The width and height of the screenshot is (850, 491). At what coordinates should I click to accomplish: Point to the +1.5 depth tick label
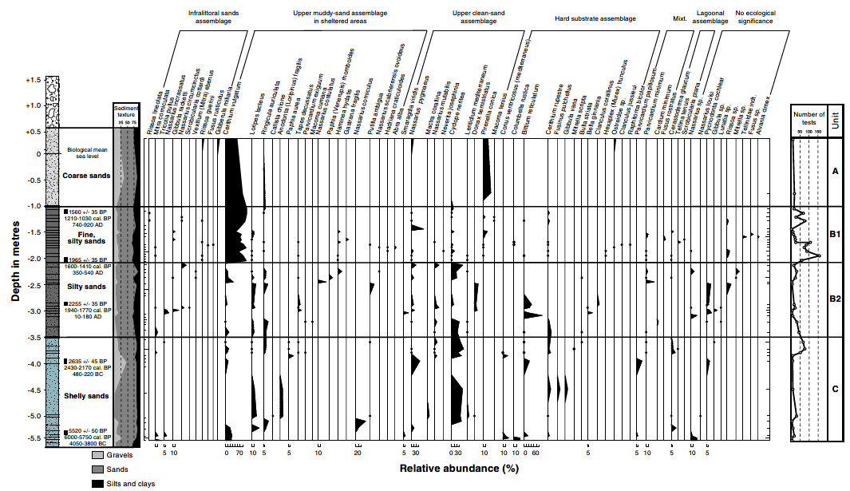(x=32, y=81)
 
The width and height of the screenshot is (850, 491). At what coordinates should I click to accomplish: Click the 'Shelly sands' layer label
(x=86, y=396)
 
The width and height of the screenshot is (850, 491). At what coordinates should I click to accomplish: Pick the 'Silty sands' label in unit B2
(x=86, y=287)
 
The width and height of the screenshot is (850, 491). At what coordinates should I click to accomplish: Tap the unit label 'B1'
(x=835, y=235)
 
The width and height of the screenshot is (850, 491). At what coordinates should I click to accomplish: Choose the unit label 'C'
(x=835, y=390)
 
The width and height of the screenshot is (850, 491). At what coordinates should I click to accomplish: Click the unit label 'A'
(x=835, y=172)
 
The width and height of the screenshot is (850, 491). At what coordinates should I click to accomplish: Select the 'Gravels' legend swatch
(x=98, y=455)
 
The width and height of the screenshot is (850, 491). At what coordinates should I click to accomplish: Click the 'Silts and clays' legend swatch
(x=98, y=483)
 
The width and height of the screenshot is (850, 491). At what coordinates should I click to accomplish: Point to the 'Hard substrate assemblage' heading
(x=595, y=18)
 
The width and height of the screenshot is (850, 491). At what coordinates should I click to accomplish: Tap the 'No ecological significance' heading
(x=753, y=18)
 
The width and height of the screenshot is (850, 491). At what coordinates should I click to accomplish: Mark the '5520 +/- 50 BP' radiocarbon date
(x=90, y=430)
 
